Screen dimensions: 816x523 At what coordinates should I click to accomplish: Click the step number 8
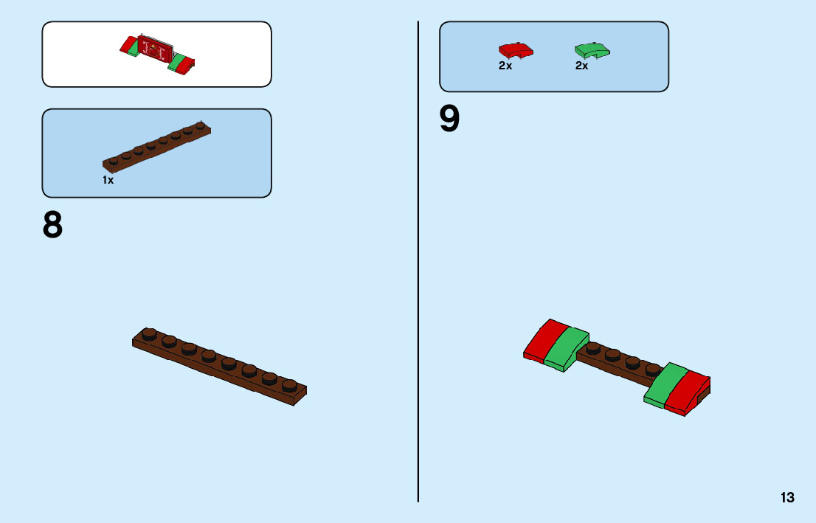[53, 226]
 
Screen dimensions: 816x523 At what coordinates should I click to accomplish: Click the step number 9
[449, 120]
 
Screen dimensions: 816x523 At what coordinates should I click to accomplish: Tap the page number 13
[787, 498]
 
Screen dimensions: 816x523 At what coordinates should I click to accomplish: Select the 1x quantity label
[108, 180]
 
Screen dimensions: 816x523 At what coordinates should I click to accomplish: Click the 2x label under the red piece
[505, 66]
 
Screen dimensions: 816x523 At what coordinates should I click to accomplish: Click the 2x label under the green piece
[582, 66]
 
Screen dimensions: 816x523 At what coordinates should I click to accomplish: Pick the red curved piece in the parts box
[516, 50]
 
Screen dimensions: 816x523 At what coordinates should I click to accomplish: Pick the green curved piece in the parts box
[592, 50]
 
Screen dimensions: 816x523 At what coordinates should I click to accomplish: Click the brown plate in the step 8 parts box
[156, 145]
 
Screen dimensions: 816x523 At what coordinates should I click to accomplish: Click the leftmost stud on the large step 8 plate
[150, 333]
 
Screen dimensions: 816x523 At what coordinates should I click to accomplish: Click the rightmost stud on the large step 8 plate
[289, 385]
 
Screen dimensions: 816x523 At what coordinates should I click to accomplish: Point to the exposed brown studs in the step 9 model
[623, 357]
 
